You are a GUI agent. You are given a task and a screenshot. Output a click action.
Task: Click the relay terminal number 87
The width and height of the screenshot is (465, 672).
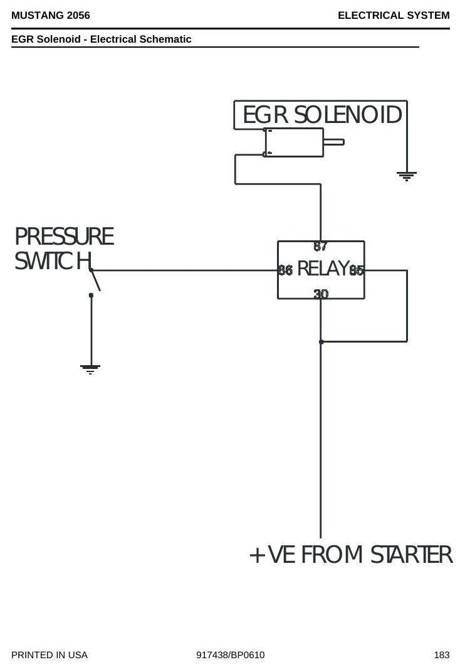click(x=320, y=247)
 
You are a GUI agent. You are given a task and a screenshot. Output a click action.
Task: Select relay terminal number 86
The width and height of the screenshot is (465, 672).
click(x=285, y=270)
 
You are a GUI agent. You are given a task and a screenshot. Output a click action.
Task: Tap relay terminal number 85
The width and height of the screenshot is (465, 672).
click(x=357, y=270)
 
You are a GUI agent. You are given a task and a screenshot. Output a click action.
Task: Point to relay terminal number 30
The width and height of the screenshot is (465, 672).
click(x=321, y=294)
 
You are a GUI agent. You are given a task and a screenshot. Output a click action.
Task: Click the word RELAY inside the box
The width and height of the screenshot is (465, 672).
click(x=323, y=269)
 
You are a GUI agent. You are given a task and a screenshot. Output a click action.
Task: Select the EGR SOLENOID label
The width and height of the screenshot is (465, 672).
click(x=322, y=115)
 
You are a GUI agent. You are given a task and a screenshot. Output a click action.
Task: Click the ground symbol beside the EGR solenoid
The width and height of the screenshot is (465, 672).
click(x=406, y=176)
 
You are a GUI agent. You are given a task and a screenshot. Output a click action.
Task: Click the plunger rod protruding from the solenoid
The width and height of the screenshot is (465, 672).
click(x=333, y=142)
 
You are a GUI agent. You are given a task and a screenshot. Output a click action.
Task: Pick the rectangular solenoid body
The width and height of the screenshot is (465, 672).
click(x=294, y=142)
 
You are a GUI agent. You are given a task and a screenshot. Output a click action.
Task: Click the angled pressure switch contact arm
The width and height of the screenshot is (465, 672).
click(x=95, y=280)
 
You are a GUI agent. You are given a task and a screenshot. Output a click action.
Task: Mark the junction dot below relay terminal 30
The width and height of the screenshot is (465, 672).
click(x=321, y=341)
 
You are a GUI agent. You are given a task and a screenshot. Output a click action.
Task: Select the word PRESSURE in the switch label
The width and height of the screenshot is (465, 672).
click(x=64, y=237)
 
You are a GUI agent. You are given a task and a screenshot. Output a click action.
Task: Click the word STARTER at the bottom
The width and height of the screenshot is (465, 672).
click(x=411, y=555)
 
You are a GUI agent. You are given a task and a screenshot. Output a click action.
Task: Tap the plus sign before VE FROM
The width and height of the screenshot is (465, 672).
click(x=258, y=555)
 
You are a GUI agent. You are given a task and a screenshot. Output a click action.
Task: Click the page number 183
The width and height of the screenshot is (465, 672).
click(x=441, y=655)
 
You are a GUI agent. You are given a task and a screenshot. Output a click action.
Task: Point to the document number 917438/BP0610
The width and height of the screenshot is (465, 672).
click(x=231, y=655)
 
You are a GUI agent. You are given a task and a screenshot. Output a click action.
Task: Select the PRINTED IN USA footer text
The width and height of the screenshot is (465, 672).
click(x=50, y=655)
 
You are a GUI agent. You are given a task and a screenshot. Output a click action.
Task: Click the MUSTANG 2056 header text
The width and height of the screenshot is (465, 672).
click(x=51, y=16)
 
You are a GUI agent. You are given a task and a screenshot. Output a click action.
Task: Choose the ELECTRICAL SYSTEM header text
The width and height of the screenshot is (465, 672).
click(x=394, y=16)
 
